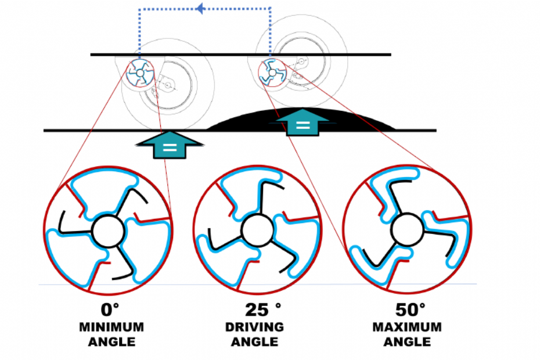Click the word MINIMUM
pos(111,327)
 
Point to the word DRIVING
pos(254,327)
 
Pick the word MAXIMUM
pos(406,327)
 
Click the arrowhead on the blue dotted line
pos(200,8)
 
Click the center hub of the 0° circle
pos(108,230)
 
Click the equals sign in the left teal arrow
pos(170,147)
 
